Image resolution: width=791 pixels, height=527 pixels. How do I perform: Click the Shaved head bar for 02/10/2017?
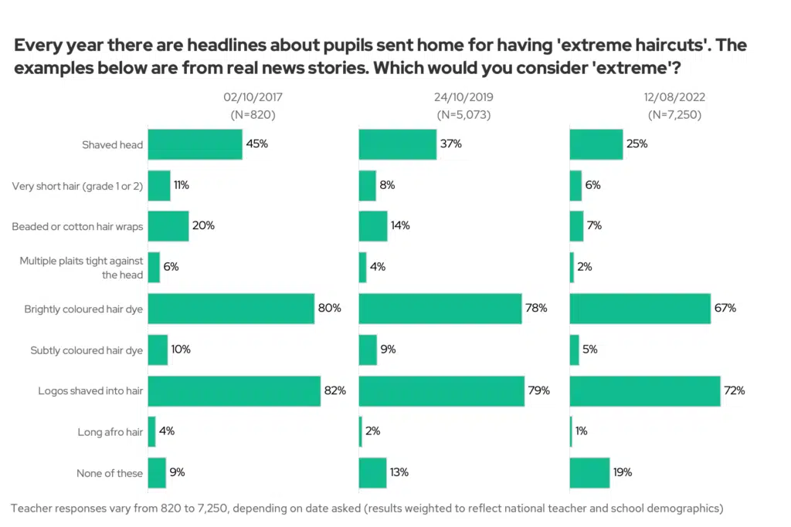tap(195, 144)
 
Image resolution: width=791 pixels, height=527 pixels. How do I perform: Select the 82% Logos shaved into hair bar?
tap(234, 390)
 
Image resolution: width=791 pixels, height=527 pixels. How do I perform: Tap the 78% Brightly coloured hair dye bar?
tap(440, 309)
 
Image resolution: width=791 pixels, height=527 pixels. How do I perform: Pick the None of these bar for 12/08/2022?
tap(589, 473)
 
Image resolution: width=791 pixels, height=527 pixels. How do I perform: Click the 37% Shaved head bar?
tap(398, 144)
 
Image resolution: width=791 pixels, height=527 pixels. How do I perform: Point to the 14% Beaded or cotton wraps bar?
tap(373, 226)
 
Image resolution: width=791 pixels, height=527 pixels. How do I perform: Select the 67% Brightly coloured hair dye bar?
tap(640, 309)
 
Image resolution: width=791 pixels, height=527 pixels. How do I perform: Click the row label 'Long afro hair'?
tap(110, 432)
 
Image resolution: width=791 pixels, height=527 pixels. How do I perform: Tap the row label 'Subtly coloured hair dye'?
tap(87, 350)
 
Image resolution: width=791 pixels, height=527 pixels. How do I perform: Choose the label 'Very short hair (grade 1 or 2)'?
tap(78, 186)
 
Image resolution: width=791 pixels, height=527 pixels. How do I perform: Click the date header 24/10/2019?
tap(464, 97)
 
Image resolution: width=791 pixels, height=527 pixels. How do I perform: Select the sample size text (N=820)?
tap(253, 114)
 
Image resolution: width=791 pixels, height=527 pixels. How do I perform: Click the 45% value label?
tap(256, 144)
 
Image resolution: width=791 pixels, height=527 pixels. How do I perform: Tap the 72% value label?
tap(735, 390)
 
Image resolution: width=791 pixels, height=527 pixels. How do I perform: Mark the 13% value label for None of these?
tap(399, 473)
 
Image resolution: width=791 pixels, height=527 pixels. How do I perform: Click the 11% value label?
tap(181, 185)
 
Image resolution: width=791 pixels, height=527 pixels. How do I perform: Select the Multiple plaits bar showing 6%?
tap(154, 268)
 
